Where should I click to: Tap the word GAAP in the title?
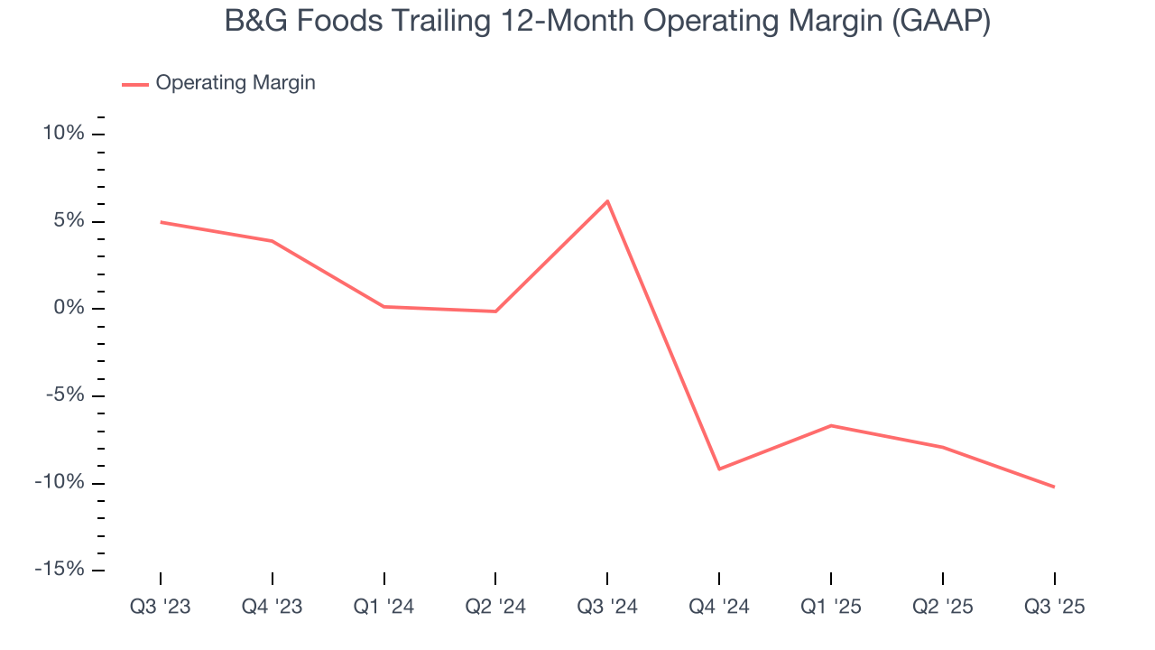click(x=941, y=22)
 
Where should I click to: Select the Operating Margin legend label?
click(x=236, y=83)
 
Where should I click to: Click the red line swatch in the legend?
click(x=135, y=84)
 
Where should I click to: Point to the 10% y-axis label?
click(x=62, y=134)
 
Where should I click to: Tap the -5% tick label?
click(x=62, y=395)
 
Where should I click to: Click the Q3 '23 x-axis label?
click(x=161, y=607)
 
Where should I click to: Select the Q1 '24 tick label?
click(x=383, y=607)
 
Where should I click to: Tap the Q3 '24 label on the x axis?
click(x=607, y=607)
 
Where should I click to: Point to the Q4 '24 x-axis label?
click(x=719, y=607)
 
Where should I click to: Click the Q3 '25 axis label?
click(x=1054, y=607)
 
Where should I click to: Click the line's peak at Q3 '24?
click(x=607, y=200)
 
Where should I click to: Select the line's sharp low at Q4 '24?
click(x=719, y=469)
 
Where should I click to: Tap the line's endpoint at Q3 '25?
click(x=1054, y=487)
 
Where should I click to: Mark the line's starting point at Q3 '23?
click(x=161, y=222)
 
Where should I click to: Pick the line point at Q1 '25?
click(x=831, y=425)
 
